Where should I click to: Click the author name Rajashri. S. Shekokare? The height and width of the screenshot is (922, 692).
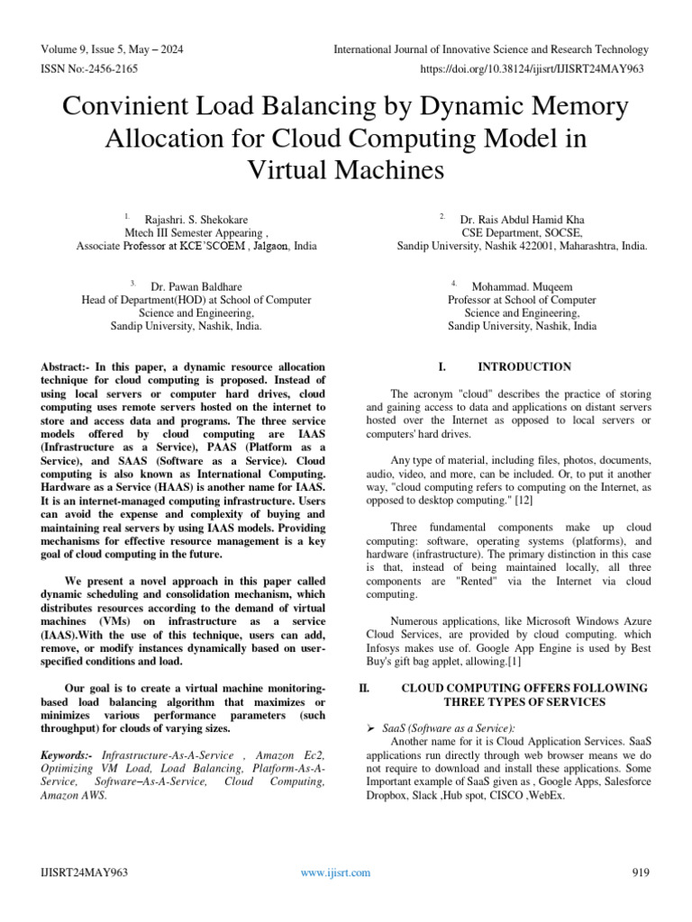click(x=196, y=219)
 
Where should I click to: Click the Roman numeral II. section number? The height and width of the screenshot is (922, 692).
click(x=364, y=688)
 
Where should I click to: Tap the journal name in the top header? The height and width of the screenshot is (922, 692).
click(x=490, y=49)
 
